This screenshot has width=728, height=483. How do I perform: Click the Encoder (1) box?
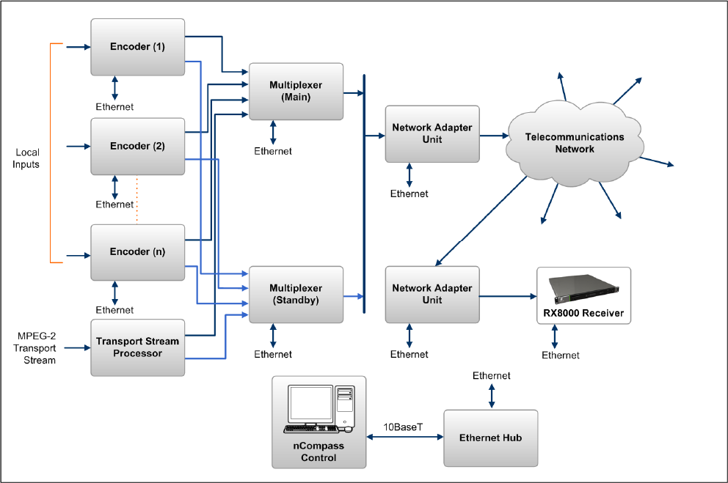click(x=138, y=46)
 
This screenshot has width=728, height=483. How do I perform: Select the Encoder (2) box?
click(x=138, y=147)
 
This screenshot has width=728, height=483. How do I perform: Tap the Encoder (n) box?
click(x=138, y=251)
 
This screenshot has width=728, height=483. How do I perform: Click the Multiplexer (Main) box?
click(x=296, y=91)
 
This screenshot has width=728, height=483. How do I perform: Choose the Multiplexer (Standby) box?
click(x=296, y=294)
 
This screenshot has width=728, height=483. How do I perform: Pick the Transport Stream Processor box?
click(x=137, y=347)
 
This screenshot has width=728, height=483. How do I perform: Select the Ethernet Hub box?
click(x=490, y=438)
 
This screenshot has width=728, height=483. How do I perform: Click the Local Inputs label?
click(x=27, y=159)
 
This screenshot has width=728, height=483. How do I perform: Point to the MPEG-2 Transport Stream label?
click(x=36, y=348)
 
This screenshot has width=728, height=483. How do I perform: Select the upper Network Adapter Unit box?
click(x=432, y=133)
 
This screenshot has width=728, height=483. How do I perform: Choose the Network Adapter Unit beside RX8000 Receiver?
click(x=432, y=294)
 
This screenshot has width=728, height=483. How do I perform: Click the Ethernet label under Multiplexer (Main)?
click(x=273, y=152)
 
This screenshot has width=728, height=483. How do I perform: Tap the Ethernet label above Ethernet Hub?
click(x=492, y=376)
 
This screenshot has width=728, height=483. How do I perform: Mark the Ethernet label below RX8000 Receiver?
click(x=561, y=355)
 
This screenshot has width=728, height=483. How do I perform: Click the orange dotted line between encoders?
click(x=137, y=199)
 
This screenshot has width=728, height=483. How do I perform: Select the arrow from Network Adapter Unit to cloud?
click(x=494, y=136)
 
